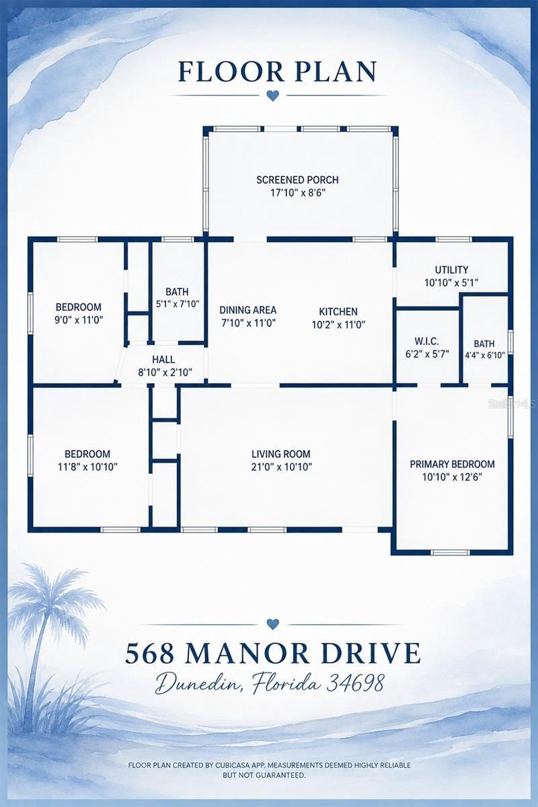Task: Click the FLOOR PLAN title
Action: click(x=278, y=72)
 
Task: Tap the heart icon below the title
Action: click(x=273, y=95)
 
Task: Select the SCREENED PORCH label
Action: click(x=298, y=180)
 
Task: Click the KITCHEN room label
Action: click(x=338, y=311)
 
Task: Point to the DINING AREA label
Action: click(x=248, y=310)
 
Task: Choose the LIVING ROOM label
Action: click(x=281, y=454)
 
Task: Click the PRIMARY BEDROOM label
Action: click(x=452, y=464)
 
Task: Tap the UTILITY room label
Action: click(x=451, y=270)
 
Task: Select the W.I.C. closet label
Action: click(x=426, y=341)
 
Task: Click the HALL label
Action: click(x=163, y=359)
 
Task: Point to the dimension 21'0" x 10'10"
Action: click(x=281, y=467)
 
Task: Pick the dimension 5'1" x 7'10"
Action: click(x=178, y=304)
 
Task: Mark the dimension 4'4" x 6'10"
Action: click(x=485, y=355)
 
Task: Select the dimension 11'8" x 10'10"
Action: click(x=87, y=467)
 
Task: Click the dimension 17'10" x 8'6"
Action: click(x=298, y=193)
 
